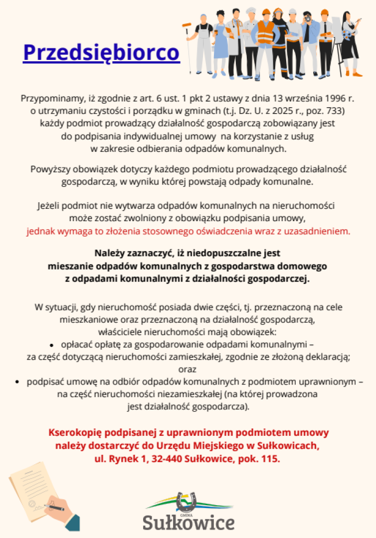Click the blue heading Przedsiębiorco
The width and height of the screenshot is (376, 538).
point(101,52)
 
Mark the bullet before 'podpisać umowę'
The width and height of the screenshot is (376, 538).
point(17,383)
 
